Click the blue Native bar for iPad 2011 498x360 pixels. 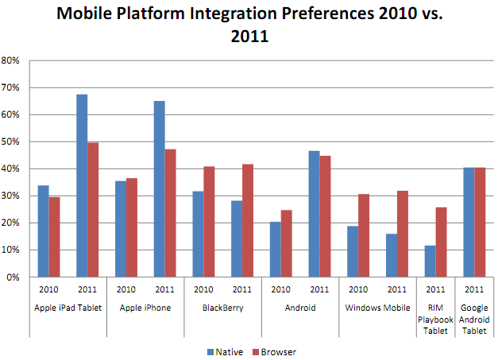coord(82,185)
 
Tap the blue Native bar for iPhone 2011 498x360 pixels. coord(160,189)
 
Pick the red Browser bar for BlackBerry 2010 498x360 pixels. coord(210,222)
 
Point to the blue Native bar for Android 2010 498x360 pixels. coord(276,250)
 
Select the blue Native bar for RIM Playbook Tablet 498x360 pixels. coord(430,261)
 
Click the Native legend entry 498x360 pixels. coord(224,350)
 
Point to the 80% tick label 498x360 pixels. coord(12,60)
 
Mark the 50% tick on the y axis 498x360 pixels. coord(12,141)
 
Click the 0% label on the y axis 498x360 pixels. coord(14,277)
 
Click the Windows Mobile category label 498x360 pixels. coord(378,305)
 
